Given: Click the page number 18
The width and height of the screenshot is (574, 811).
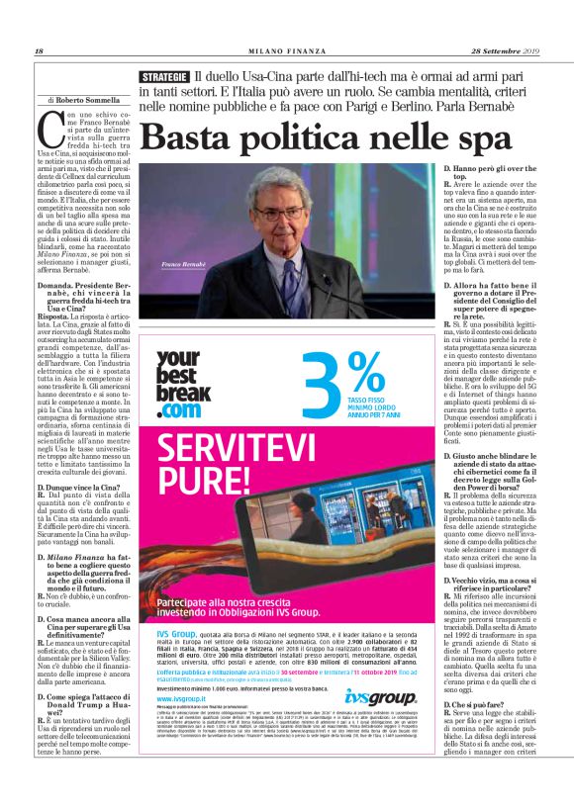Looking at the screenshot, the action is (x=40, y=51).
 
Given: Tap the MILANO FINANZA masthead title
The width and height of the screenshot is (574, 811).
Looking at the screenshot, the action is (x=287, y=51).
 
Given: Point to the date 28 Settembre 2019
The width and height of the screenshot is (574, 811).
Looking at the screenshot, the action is (x=503, y=51).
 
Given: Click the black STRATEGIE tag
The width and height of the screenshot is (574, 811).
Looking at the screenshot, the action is (x=164, y=76).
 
